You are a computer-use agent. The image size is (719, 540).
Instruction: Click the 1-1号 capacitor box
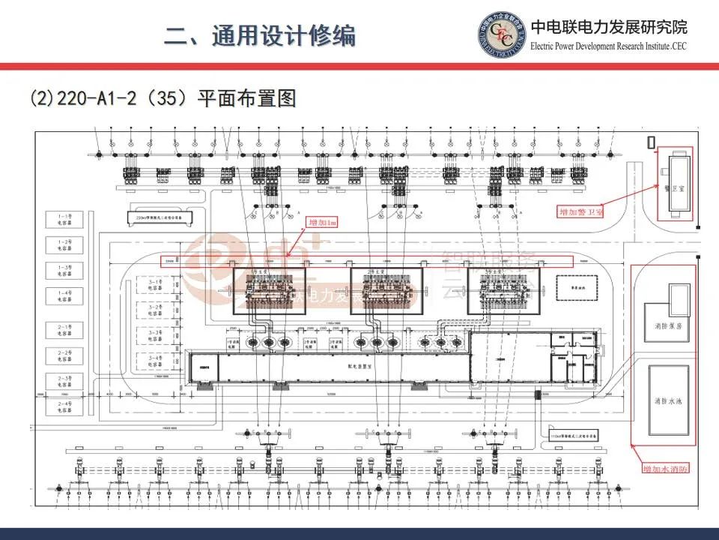65,220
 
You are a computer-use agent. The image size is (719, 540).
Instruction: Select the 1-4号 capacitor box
65,295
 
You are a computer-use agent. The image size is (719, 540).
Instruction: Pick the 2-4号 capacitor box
65,406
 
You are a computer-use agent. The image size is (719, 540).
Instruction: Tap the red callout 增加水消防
666,469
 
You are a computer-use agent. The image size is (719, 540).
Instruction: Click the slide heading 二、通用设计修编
260,36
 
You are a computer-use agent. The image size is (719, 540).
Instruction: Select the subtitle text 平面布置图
247,98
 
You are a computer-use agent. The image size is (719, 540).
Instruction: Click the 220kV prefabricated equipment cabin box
159,217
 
